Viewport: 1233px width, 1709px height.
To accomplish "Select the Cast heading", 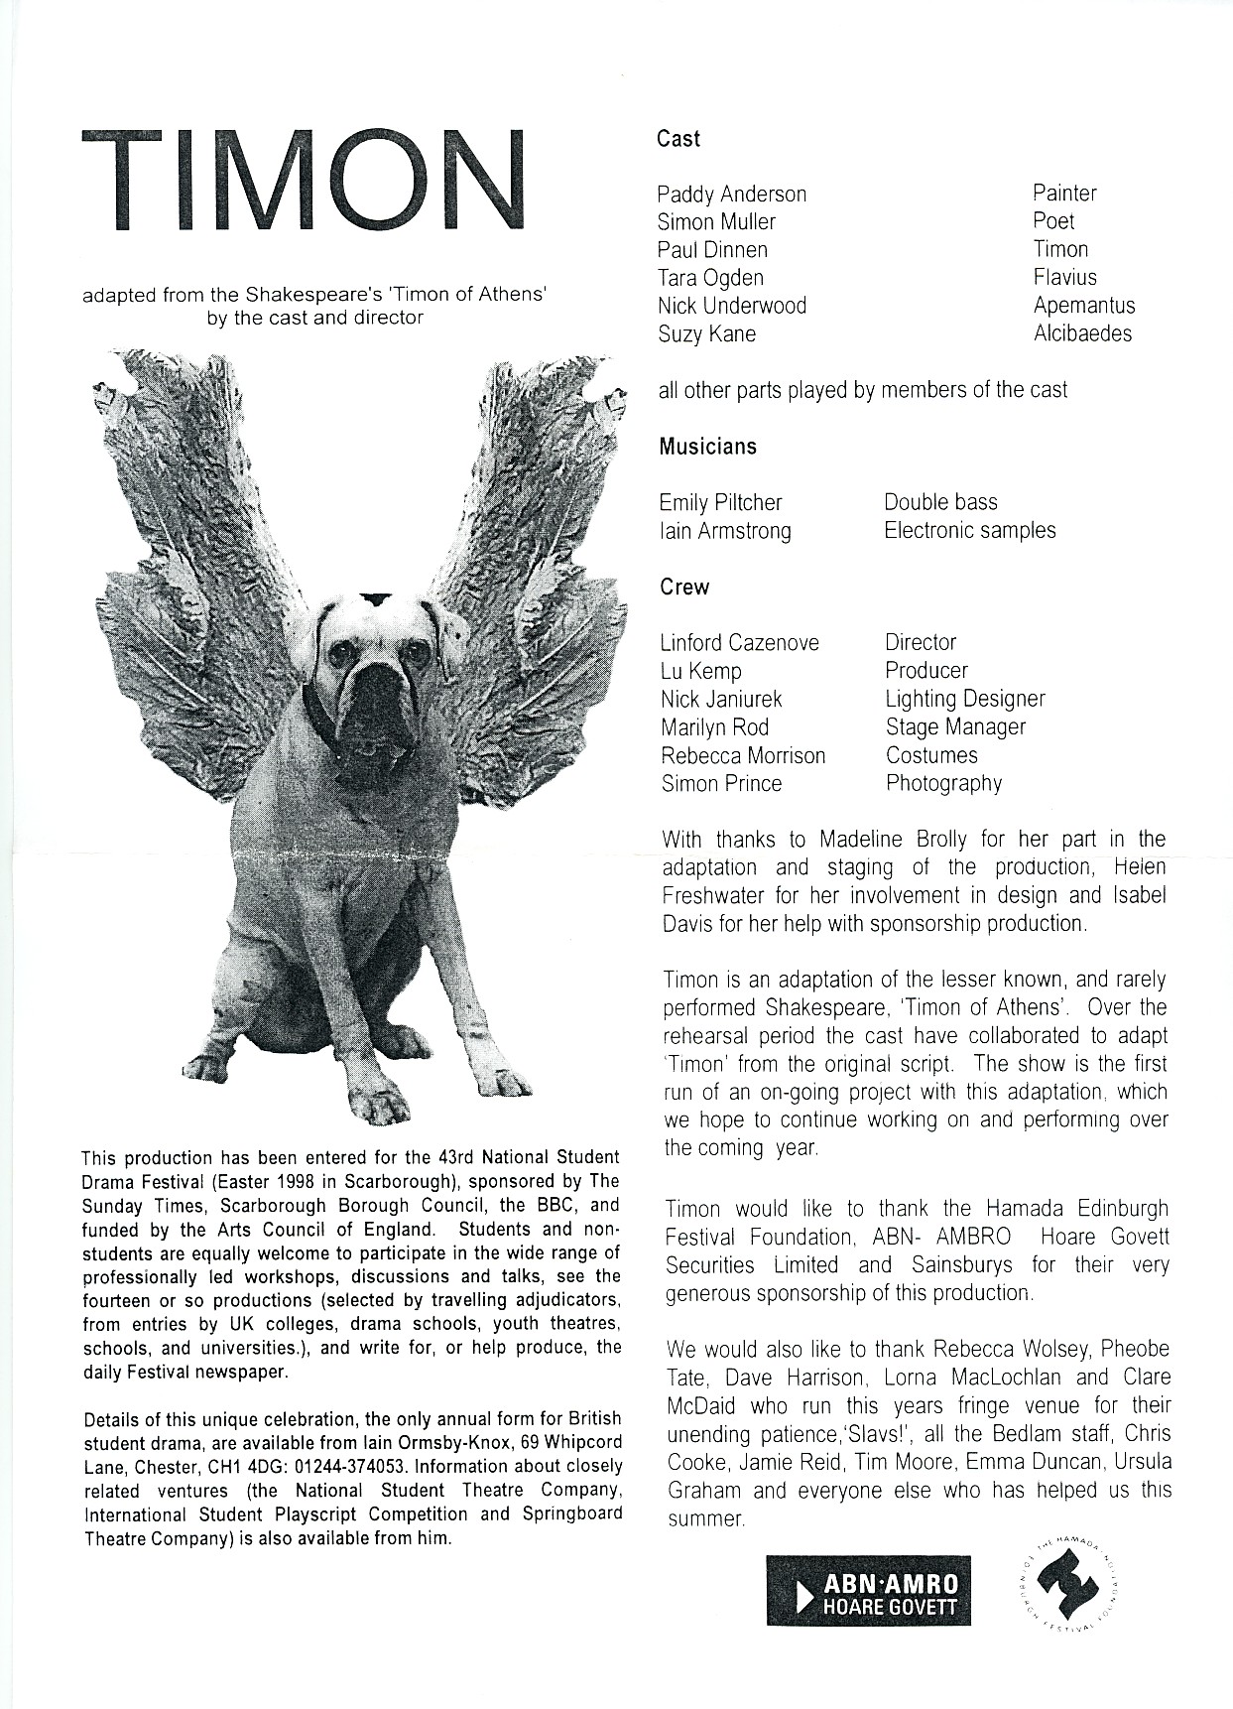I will coord(678,139).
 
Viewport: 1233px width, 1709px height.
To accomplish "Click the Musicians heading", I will coord(708,447).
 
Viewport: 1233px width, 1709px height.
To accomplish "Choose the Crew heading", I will coord(684,588).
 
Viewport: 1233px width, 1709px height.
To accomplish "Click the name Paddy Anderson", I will coord(732,195).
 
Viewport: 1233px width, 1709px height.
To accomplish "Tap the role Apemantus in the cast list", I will coord(1083,306).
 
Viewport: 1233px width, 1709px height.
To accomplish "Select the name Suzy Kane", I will coord(706,333).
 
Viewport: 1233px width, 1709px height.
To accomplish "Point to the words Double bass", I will coord(940,502).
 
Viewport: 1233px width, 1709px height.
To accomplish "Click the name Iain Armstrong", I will coord(725,531).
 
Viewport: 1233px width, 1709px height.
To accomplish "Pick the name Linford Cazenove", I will coord(740,643).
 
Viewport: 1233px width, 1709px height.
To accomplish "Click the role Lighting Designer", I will coord(965,700).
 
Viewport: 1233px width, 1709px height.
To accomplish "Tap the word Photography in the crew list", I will coord(943,784).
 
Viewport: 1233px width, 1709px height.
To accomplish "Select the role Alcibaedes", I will coord(1082,333).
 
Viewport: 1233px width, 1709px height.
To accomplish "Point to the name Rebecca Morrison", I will coord(743,756).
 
